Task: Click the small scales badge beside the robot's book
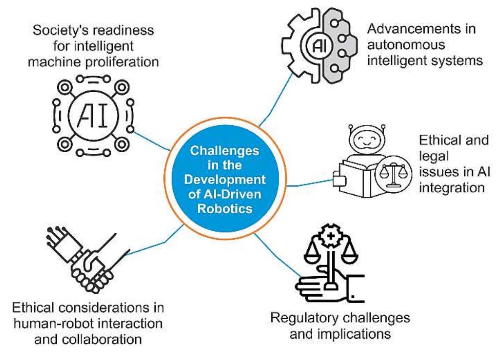(x=391, y=174)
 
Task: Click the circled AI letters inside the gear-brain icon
(x=314, y=45)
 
